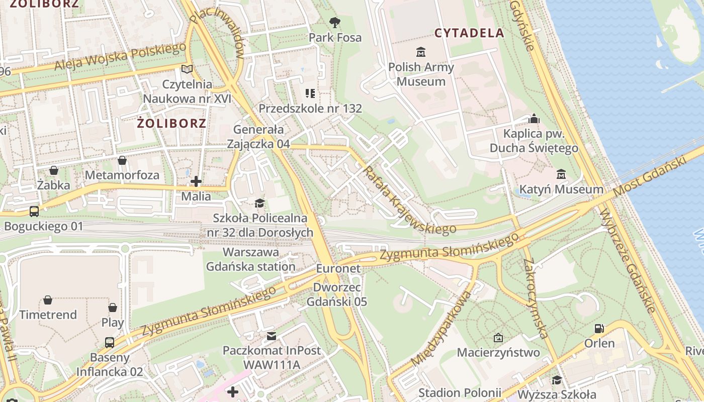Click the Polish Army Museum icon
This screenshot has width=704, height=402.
(x=420, y=52)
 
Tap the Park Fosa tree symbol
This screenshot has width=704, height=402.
(x=334, y=22)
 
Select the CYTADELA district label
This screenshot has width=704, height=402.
(x=469, y=33)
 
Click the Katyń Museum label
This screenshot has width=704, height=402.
(x=561, y=189)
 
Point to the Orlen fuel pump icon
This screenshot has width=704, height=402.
(x=599, y=329)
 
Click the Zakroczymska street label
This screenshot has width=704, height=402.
(x=535, y=298)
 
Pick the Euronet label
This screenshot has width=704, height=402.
(x=338, y=269)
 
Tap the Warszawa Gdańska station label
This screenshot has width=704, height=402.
(x=251, y=259)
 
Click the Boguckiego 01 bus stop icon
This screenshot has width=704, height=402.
(x=34, y=212)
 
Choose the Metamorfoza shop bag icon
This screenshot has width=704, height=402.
(x=122, y=160)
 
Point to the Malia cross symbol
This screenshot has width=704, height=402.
(x=196, y=181)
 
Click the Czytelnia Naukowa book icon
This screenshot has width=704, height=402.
(x=187, y=69)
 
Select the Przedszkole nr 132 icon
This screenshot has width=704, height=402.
(x=310, y=93)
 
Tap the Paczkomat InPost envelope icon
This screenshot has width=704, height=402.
(x=272, y=336)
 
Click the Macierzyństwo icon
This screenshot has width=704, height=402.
(x=498, y=338)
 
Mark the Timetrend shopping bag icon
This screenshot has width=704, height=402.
(x=48, y=300)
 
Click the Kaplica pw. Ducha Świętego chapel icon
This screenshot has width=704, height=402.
(x=534, y=119)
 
